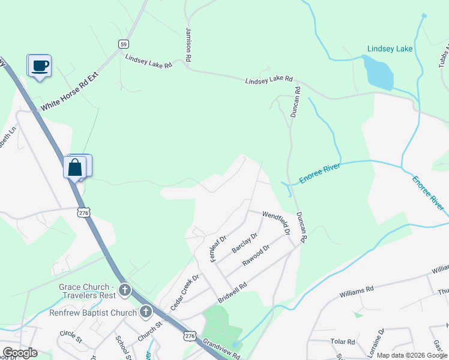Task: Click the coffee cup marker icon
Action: pyautogui.click(x=40, y=65)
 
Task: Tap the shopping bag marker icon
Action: pyautogui.click(x=76, y=167)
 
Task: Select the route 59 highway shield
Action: pyautogui.click(x=123, y=44)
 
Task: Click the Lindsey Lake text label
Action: pyautogui.click(x=390, y=49)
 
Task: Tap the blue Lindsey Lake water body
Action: pyautogui.click(x=378, y=72)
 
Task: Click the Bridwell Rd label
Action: pyautogui.click(x=232, y=293)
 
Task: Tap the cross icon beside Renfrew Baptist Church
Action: pyautogui.click(x=145, y=312)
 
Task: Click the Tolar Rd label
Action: pyautogui.click(x=343, y=341)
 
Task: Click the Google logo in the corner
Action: pyautogui.click(x=20, y=353)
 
